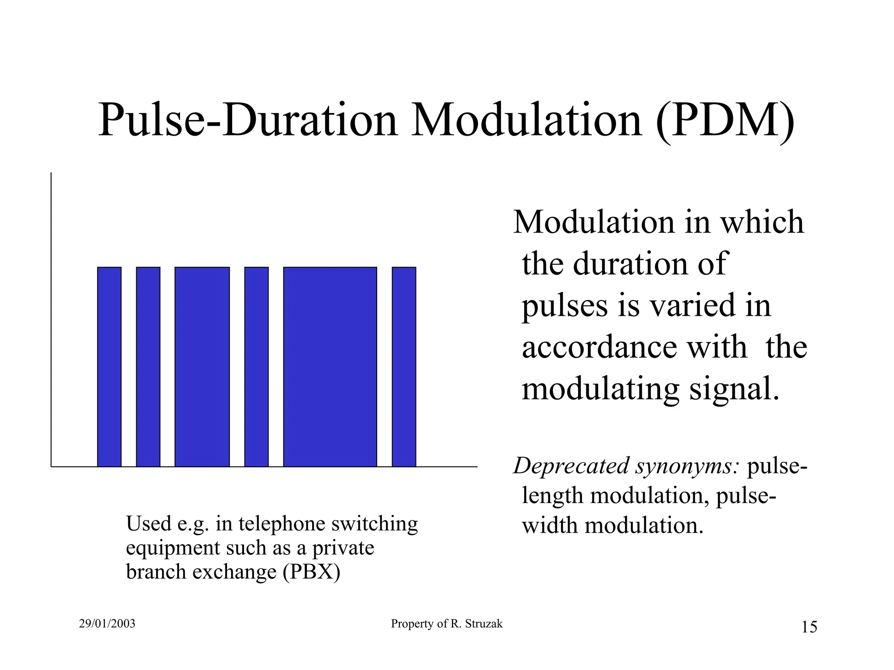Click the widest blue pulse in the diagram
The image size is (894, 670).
[330, 367]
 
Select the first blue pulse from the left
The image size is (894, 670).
[109, 367]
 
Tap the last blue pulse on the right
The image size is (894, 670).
[404, 367]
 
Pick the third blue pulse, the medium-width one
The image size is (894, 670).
[202, 367]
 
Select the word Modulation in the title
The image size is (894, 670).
[527, 120]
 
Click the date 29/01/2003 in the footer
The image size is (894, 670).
[107, 624]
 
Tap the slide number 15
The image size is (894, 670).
[809, 627]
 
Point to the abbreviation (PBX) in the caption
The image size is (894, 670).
[311, 571]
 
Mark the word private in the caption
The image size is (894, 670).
[343, 547]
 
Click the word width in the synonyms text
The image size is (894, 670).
[550, 525]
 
